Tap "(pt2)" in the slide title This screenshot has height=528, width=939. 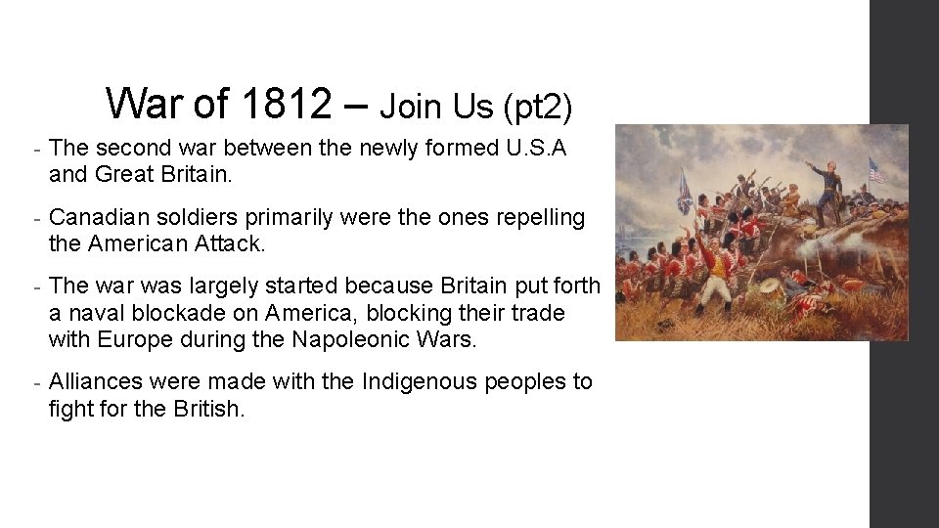537,106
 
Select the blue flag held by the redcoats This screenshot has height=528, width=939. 685,190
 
